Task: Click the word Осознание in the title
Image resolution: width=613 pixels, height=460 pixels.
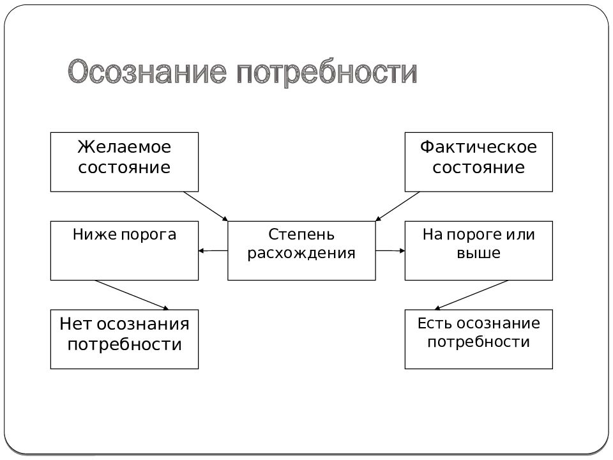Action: pos(148,72)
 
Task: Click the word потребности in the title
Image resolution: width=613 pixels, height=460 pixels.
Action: pos(327,73)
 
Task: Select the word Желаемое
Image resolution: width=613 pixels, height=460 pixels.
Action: pos(125,147)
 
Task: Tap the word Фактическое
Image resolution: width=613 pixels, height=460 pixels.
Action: pos(478,147)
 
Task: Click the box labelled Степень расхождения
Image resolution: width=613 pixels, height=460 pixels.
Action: pos(301,250)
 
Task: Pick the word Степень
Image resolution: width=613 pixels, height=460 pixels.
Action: pos(301,234)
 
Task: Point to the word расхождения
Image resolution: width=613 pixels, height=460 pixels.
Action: pos(301,253)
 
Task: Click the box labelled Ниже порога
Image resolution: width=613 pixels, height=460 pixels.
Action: pos(125,250)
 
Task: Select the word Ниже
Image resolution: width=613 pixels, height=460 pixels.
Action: pos(95,234)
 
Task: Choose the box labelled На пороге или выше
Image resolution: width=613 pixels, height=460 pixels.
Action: pos(478,250)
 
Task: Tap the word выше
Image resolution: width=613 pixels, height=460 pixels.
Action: pos(478,253)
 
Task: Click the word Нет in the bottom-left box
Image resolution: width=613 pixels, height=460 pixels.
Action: pos(75,324)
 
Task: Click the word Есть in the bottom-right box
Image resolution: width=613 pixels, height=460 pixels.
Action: pos(435,323)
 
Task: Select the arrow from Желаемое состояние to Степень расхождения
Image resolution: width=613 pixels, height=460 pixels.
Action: pos(206,206)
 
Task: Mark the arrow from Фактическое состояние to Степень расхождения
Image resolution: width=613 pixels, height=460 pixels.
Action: pos(397,206)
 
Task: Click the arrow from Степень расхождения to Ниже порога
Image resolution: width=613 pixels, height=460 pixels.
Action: pos(213,250)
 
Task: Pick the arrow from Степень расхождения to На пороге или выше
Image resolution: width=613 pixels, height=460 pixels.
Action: pos(390,250)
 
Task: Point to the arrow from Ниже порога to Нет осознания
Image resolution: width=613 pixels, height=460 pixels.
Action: pos(132,295)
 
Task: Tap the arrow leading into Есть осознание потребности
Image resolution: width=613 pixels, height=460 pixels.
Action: pos(471,295)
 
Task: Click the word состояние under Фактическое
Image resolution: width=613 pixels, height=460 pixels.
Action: pos(478,167)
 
